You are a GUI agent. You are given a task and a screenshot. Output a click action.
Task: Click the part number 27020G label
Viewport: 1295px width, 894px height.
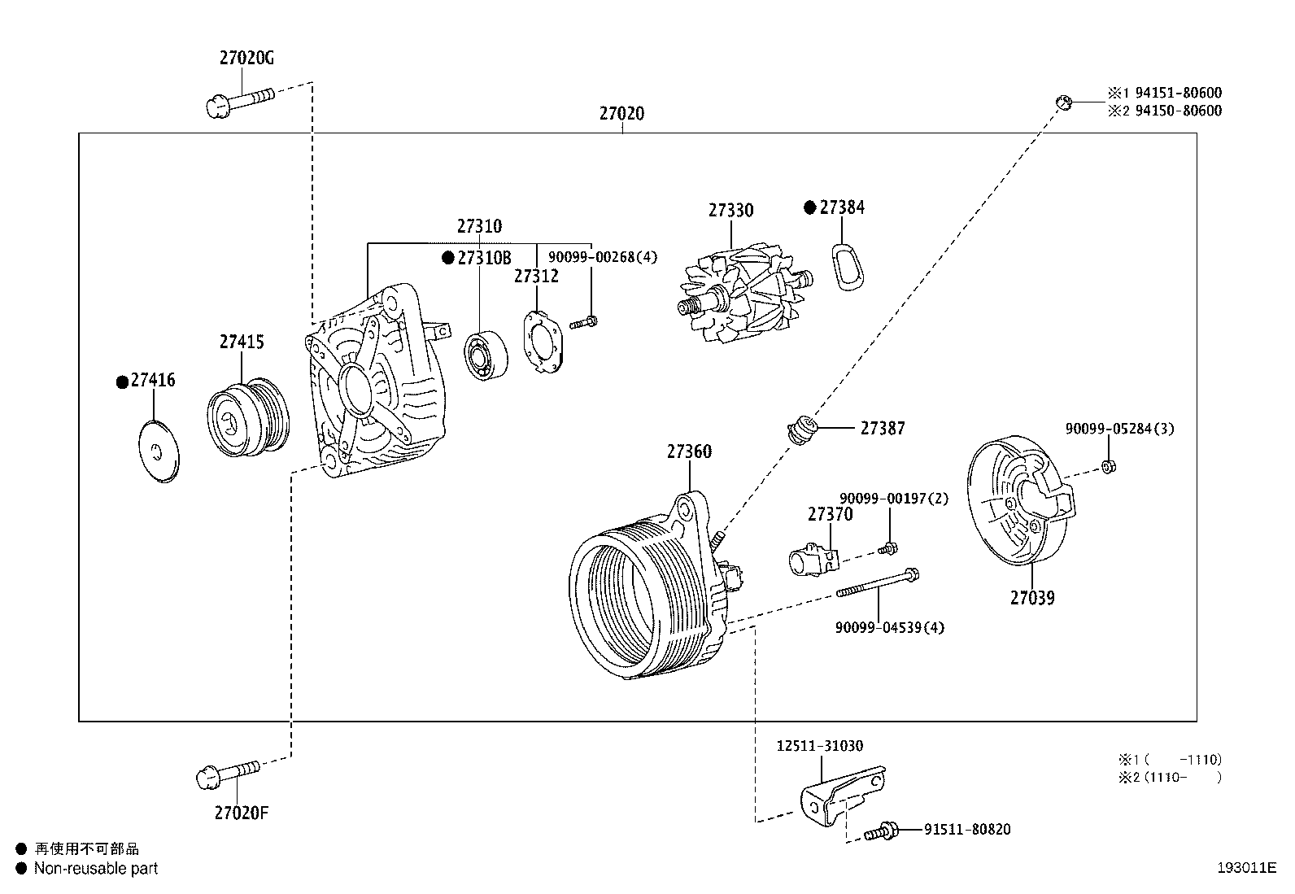[x=246, y=59]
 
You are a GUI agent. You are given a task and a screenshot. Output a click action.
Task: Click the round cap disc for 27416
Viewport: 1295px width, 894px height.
[x=158, y=452]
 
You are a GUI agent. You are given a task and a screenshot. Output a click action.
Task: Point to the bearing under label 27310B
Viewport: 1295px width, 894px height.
[x=486, y=356]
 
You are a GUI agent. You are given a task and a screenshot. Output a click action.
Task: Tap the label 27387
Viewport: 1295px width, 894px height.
[x=882, y=428]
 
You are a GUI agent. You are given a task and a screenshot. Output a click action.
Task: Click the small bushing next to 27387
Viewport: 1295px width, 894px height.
[x=804, y=429]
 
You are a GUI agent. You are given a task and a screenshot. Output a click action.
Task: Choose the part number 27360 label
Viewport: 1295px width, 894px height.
[x=689, y=451]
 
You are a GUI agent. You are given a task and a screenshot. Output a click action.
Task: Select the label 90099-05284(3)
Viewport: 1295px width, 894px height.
[x=1119, y=429]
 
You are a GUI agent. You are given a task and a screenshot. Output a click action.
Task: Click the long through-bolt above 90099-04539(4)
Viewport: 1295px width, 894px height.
[x=877, y=584]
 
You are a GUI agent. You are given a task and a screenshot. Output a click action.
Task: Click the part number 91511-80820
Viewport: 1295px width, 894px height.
[x=966, y=830]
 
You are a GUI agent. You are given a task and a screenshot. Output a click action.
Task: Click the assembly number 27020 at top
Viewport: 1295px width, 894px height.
[x=621, y=114]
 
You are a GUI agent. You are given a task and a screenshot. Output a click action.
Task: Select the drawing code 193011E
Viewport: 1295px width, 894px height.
[x=1246, y=868]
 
